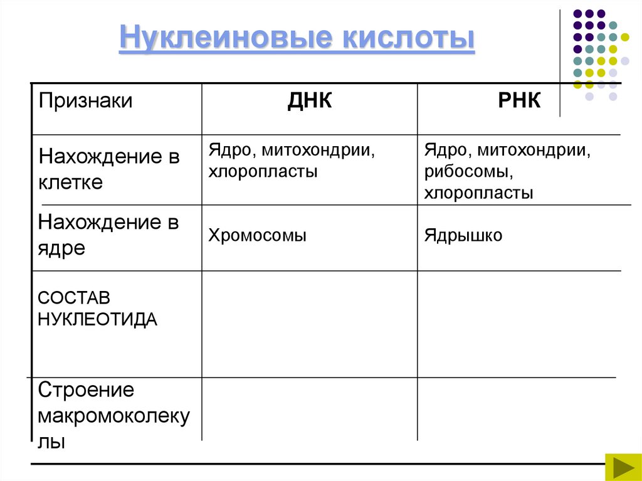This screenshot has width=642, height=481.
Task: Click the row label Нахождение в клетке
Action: (x=109, y=169)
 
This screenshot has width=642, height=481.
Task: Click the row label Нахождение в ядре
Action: (x=108, y=235)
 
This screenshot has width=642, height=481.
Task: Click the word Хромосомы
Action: (x=258, y=236)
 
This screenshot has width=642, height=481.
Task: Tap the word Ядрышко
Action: (x=463, y=236)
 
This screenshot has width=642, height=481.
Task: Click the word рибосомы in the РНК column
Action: (x=465, y=172)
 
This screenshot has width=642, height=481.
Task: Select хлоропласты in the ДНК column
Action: (x=263, y=172)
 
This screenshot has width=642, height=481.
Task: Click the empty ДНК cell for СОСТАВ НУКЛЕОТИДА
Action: (x=309, y=324)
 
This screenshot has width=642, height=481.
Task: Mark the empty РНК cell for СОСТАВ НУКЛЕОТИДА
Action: (x=519, y=324)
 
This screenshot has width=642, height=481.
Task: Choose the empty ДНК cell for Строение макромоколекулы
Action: (x=309, y=409)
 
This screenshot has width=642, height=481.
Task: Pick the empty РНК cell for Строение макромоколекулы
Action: (x=519, y=409)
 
